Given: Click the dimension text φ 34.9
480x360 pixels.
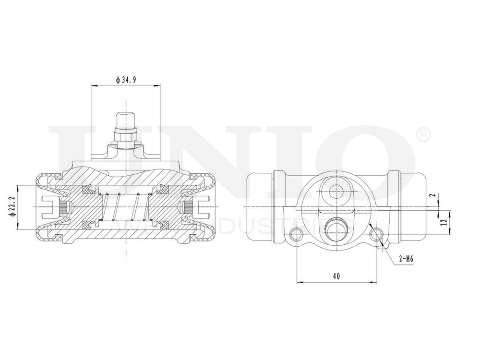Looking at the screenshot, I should click(x=126, y=80).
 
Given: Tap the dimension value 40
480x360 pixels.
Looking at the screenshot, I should click(x=336, y=276).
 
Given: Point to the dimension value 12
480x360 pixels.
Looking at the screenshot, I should click(x=444, y=222).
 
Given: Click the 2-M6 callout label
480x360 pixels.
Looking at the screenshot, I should click(x=406, y=259).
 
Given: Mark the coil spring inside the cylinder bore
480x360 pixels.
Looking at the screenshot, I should click(x=126, y=207).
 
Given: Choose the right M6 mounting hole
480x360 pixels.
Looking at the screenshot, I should click(x=377, y=234).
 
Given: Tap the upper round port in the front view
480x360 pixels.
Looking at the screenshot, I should click(x=337, y=191).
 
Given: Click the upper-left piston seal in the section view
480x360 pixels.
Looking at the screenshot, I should click(x=88, y=188).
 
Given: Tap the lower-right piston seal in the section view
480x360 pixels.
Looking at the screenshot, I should click(x=164, y=225).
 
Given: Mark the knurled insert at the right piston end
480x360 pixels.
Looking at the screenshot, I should click(x=189, y=207).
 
